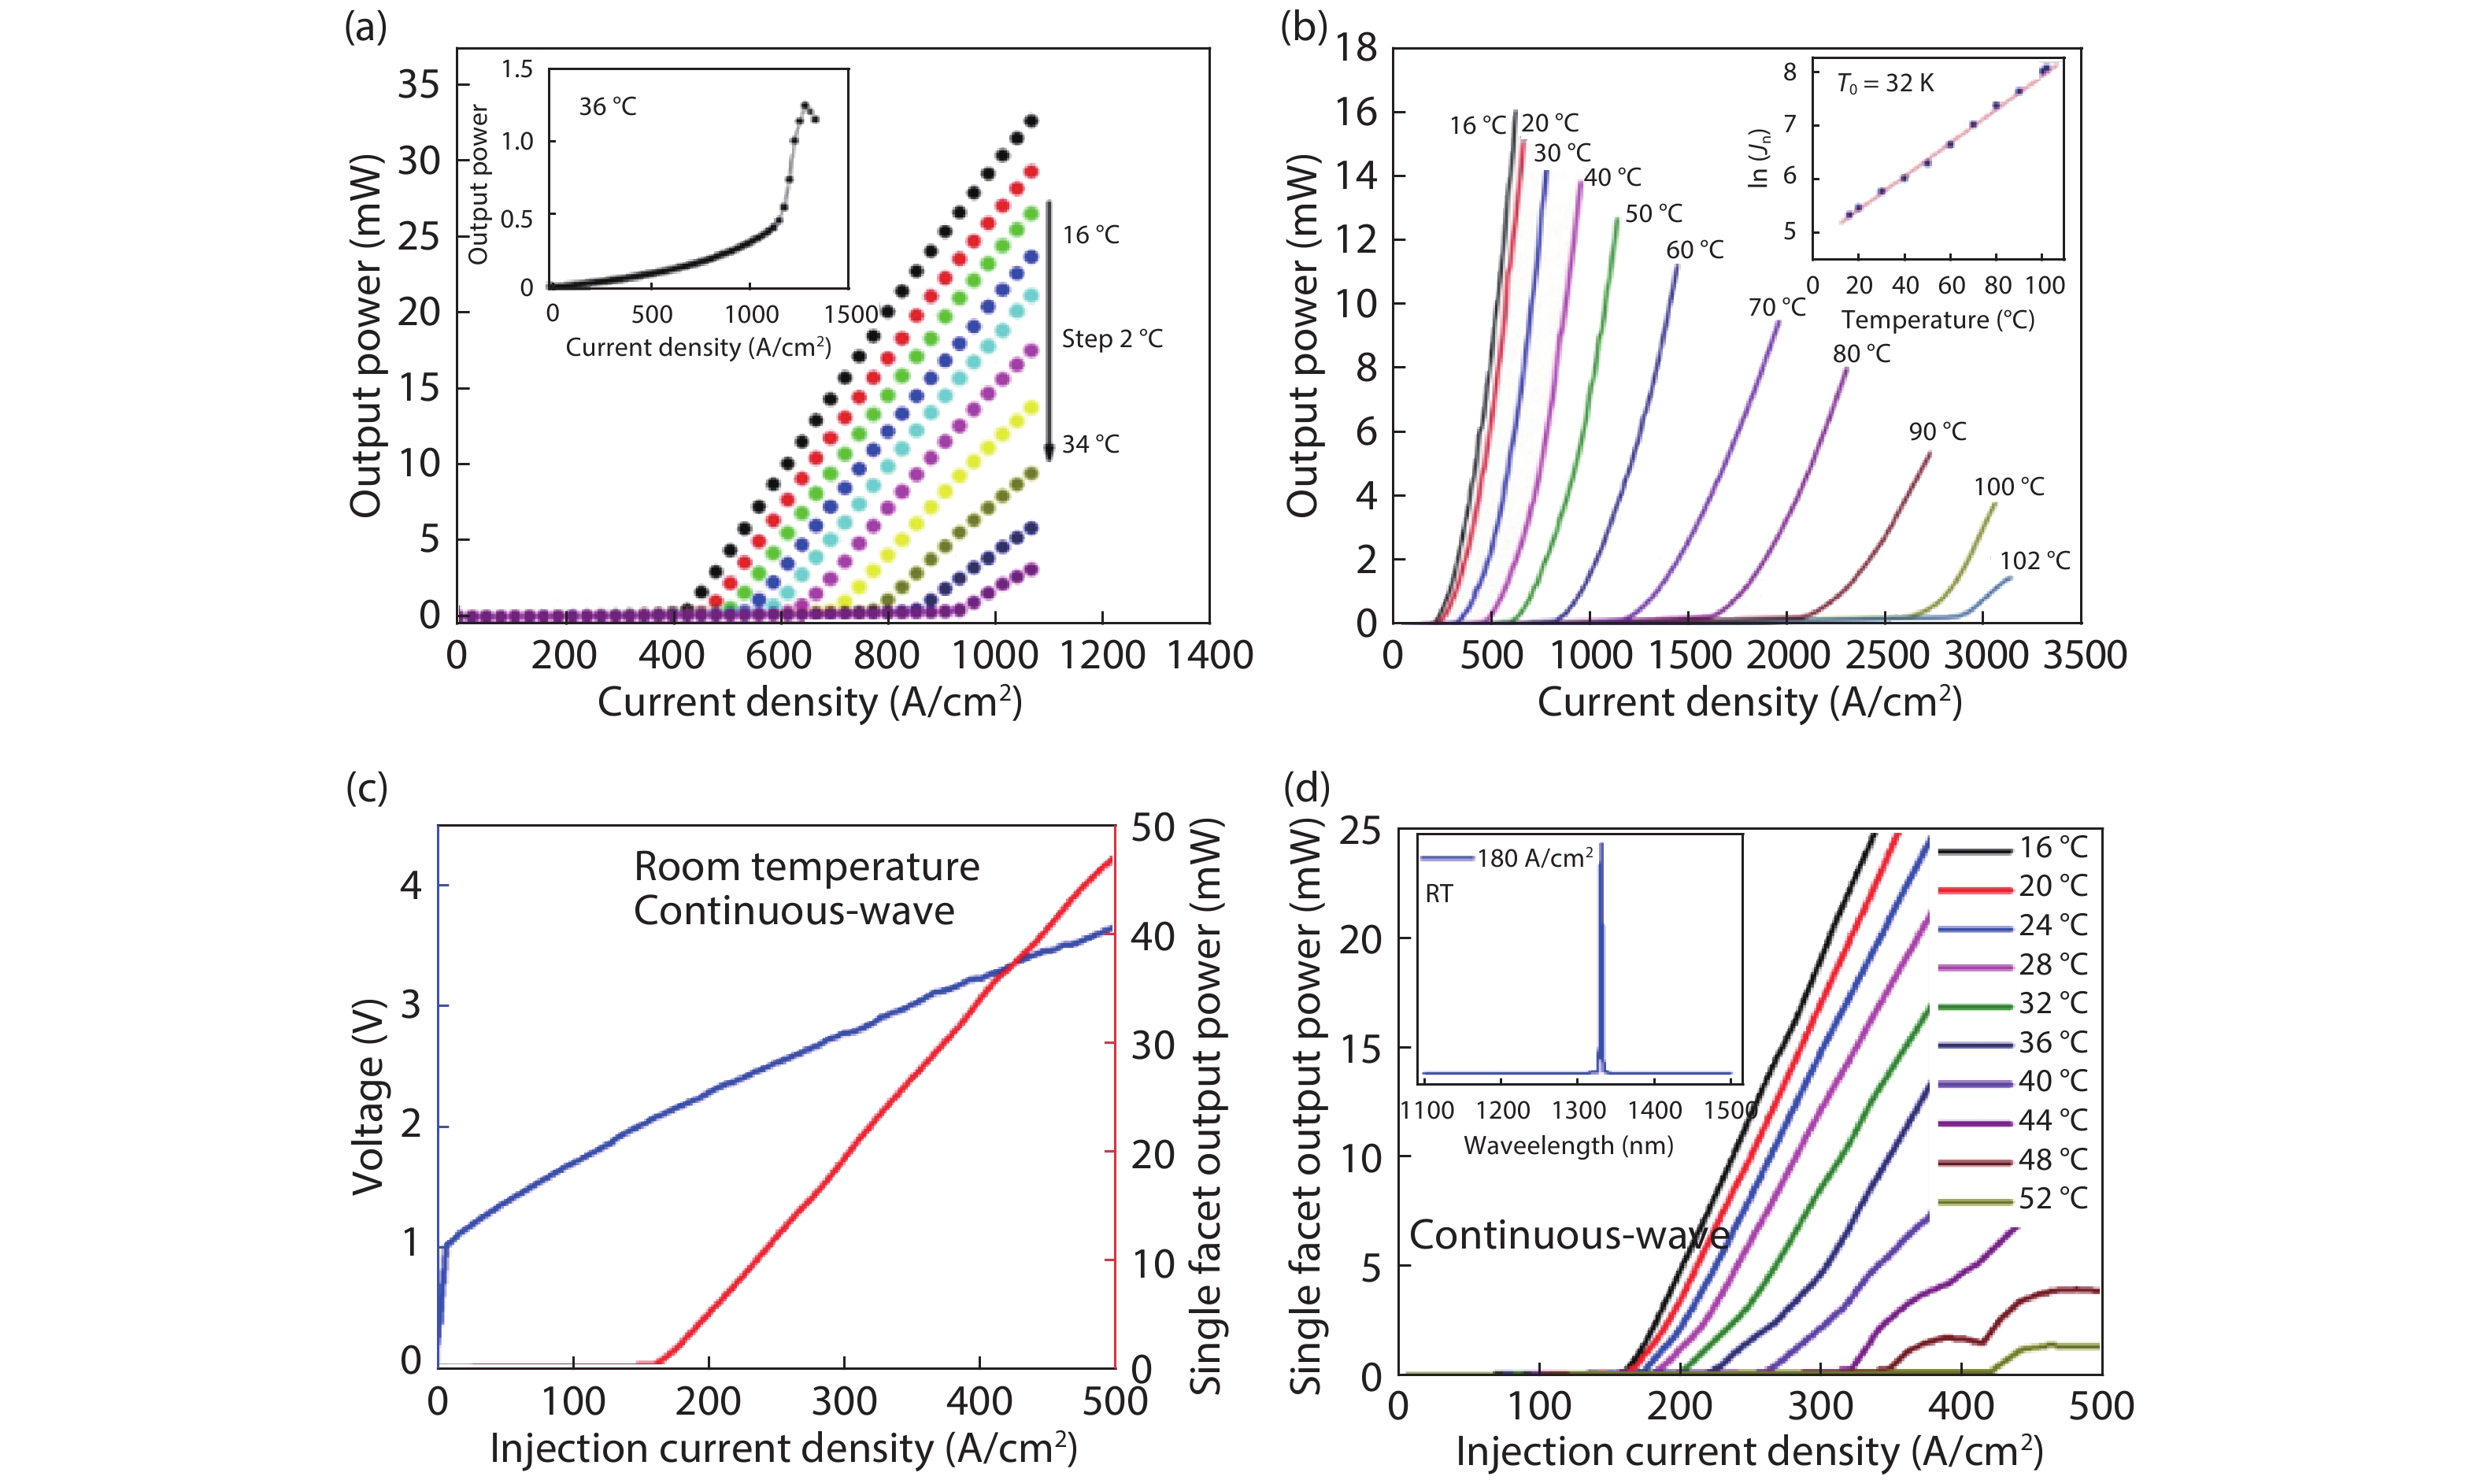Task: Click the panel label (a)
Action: pos(365,28)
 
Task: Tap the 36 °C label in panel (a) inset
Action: pos(607,107)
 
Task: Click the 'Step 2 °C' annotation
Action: pos(1112,339)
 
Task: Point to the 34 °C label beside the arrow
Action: pos(1090,444)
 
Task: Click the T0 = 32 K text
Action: pos(1885,83)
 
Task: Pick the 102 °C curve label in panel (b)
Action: pos(2034,561)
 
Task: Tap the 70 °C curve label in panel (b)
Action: pos(1776,308)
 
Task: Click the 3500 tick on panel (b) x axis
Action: pos(2085,655)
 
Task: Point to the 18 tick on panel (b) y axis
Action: pos(1357,48)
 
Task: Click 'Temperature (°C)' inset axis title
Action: pos(1937,320)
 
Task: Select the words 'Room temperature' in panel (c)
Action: pos(807,867)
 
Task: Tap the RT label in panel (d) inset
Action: pos(1439,894)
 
